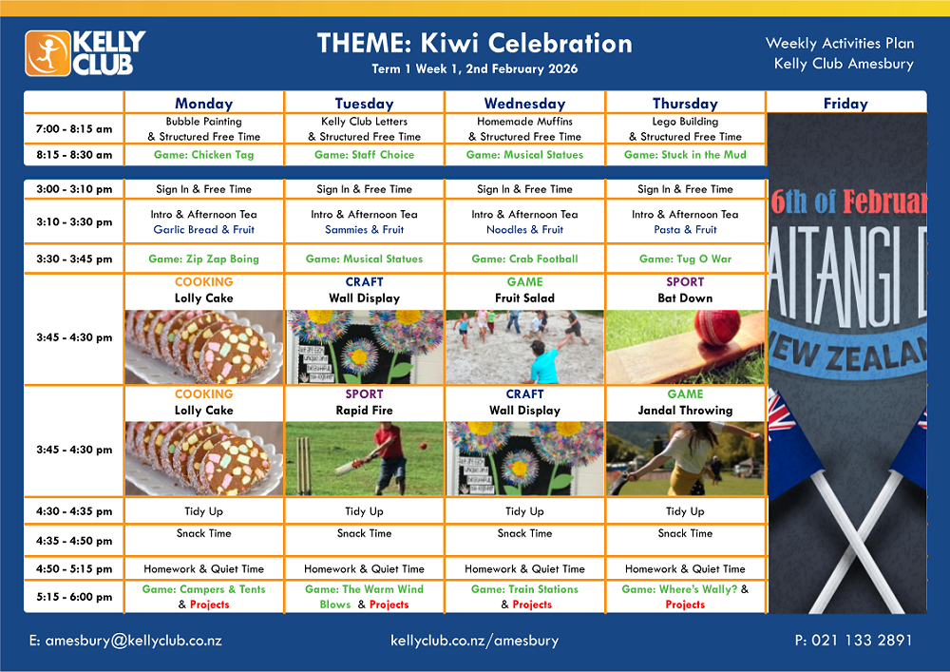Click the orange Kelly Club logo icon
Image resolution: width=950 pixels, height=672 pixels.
click(x=47, y=53)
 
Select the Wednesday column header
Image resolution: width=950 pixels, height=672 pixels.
click(x=524, y=104)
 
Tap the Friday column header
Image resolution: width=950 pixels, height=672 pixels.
click(x=845, y=104)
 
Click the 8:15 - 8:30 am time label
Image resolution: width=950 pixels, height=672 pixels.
click(x=74, y=155)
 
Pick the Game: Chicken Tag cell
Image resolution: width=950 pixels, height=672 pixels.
click(x=203, y=155)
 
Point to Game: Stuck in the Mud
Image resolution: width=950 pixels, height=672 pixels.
click(x=685, y=155)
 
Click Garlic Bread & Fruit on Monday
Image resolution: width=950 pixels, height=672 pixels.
click(x=203, y=230)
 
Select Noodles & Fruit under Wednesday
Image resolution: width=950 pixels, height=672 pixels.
click(x=524, y=230)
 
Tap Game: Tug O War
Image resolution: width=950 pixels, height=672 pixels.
click(x=685, y=259)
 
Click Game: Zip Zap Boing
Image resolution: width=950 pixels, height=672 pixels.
click(x=203, y=259)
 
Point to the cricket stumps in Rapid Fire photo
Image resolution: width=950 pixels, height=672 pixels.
click(x=304, y=466)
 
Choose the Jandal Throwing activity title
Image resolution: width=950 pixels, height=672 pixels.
click(x=685, y=411)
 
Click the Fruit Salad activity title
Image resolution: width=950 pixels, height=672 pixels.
click(x=524, y=298)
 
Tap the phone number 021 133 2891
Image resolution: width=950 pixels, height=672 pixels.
click(x=862, y=640)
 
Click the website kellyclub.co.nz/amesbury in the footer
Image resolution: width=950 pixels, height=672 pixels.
click(x=474, y=641)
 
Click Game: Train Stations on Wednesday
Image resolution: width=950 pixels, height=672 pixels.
click(x=524, y=589)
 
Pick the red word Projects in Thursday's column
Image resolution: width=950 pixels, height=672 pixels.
click(x=685, y=605)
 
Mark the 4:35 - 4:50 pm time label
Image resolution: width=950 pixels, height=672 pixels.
click(x=74, y=541)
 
